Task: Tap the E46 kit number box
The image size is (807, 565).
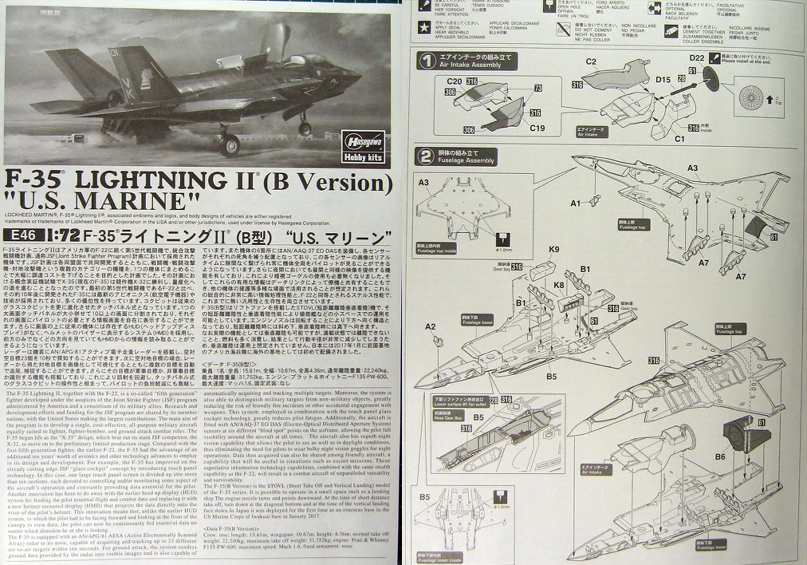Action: (20, 237)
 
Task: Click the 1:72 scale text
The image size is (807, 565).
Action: (61, 237)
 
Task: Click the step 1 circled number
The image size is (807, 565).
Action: (426, 62)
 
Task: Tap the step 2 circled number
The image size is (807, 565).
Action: (426, 157)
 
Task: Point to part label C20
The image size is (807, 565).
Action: (454, 81)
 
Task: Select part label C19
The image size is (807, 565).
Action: (536, 128)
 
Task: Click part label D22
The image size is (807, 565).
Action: (697, 58)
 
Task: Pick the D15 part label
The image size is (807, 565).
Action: (663, 79)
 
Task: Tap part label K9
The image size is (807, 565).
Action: (553, 250)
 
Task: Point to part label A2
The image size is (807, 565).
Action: (430, 326)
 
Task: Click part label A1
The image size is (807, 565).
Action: (576, 204)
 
